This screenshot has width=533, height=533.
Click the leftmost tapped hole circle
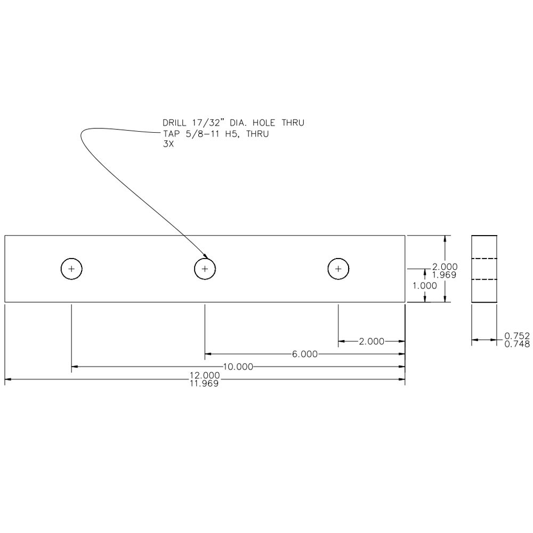click(71, 269)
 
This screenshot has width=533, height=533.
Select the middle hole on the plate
click(205, 269)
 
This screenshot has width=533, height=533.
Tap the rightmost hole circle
click(338, 269)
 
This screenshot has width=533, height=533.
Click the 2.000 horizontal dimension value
click(371, 341)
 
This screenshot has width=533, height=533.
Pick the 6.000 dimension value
click(305, 354)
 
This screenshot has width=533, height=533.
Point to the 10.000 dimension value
click(238, 367)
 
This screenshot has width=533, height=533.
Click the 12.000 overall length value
click(205, 375)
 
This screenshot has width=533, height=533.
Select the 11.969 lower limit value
click(205, 383)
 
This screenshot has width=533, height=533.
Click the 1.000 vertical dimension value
click(424, 286)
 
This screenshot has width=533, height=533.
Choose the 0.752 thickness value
click(516, 336)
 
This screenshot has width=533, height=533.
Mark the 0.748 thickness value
click(516, 344)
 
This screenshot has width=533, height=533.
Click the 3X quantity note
click(168, 143)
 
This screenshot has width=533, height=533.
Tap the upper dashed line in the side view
click(484, 259)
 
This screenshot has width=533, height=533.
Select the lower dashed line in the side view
click(484, 279)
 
